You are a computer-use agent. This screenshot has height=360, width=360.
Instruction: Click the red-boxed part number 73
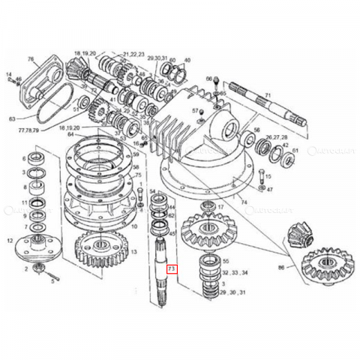(x=172, y=268)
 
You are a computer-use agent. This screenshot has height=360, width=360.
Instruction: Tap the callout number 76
(x=31, y=59)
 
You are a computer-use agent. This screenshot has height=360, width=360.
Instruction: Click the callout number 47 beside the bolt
(x=269, y=190)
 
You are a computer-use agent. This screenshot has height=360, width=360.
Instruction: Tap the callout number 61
(x=295, y=151)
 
